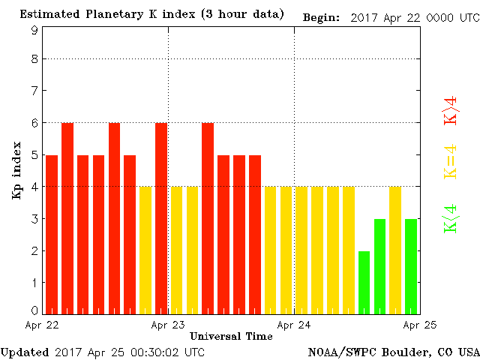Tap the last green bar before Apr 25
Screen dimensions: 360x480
[411, 266]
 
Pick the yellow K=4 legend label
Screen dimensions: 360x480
[450, 162]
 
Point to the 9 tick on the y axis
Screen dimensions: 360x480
[34, 30]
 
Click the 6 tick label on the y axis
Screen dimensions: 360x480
[34, 123]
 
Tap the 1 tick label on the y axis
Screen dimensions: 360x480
[34, 282]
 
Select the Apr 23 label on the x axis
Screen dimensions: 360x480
[167, 325]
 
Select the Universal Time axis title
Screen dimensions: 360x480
[231, 336]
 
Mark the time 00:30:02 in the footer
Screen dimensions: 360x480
[156, 352]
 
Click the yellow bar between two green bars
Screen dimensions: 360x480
[395, 250]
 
